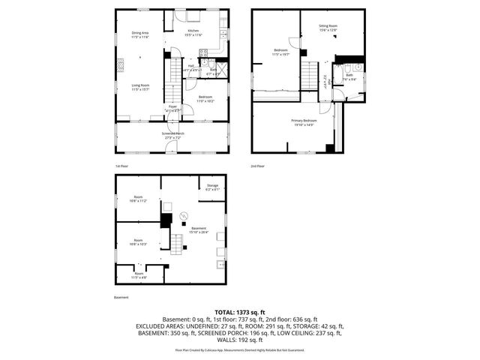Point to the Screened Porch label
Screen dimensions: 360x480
[x=172, y=135]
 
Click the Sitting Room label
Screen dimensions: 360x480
[x=328, y=28]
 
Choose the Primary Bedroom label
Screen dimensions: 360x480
[x=304, y=122]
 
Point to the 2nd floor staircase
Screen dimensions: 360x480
[x=310, y=75]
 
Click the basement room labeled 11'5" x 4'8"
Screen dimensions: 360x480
[x=139, y=275]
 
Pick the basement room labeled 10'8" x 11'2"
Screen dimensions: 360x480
[x=138, y=199]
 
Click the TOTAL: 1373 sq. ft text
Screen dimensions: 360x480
[x=240, y=311]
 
